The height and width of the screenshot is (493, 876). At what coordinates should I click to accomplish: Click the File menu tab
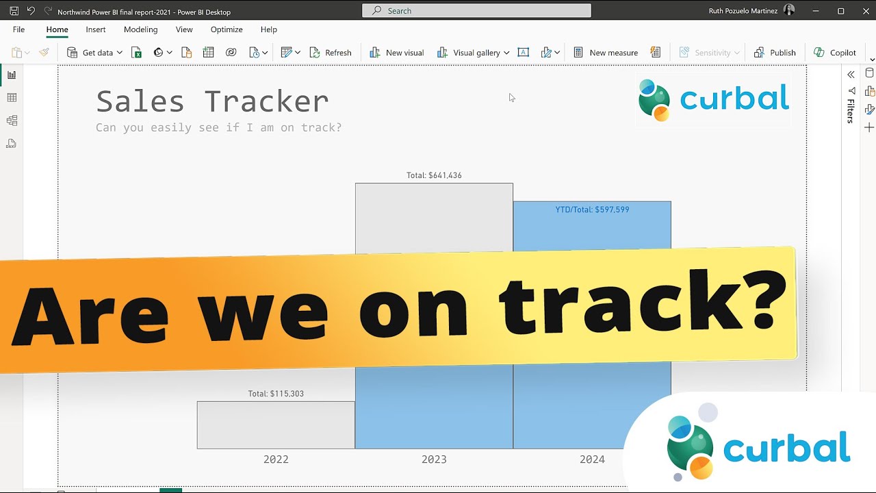(x=18, y=29)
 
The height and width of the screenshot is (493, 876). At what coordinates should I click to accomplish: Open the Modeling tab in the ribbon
(x=140, y=29)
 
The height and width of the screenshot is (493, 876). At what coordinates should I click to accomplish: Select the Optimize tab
(x=227, y=29)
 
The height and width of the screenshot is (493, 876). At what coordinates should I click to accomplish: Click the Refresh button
(x=331, y=53)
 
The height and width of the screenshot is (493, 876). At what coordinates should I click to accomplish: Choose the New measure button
(x=606, y=53)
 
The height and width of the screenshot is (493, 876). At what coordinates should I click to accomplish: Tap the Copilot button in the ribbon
(x=835, y=53)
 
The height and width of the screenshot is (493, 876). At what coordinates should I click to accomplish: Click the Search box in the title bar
(x=476, y=11)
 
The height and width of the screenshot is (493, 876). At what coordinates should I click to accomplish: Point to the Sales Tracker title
(x=212, y=101)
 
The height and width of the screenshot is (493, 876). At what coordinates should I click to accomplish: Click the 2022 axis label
(x=276, y=459)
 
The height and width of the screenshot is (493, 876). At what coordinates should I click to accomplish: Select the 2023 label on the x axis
(x=434, y=459)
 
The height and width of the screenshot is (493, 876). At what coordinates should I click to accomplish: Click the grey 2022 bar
(x=276, y=425)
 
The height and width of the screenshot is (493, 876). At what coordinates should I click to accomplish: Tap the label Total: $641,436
(x=434, y=175)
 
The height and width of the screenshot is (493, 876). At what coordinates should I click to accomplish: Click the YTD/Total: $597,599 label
(x=592, y=210)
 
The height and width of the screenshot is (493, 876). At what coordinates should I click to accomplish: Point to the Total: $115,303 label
(x=276, y=394)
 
